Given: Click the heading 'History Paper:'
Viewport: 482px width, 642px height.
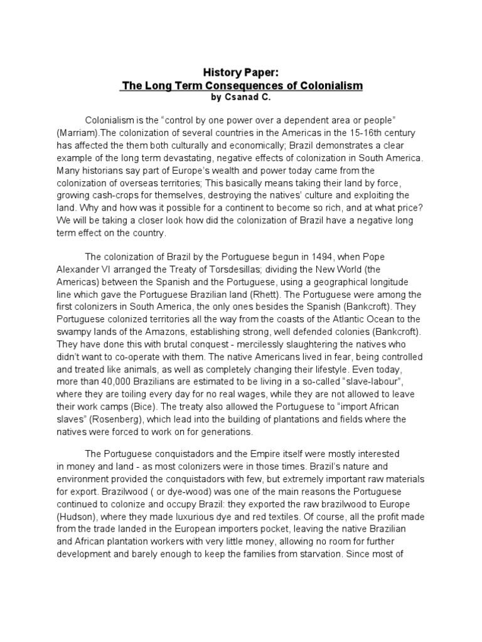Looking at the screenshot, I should click(240, 73).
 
